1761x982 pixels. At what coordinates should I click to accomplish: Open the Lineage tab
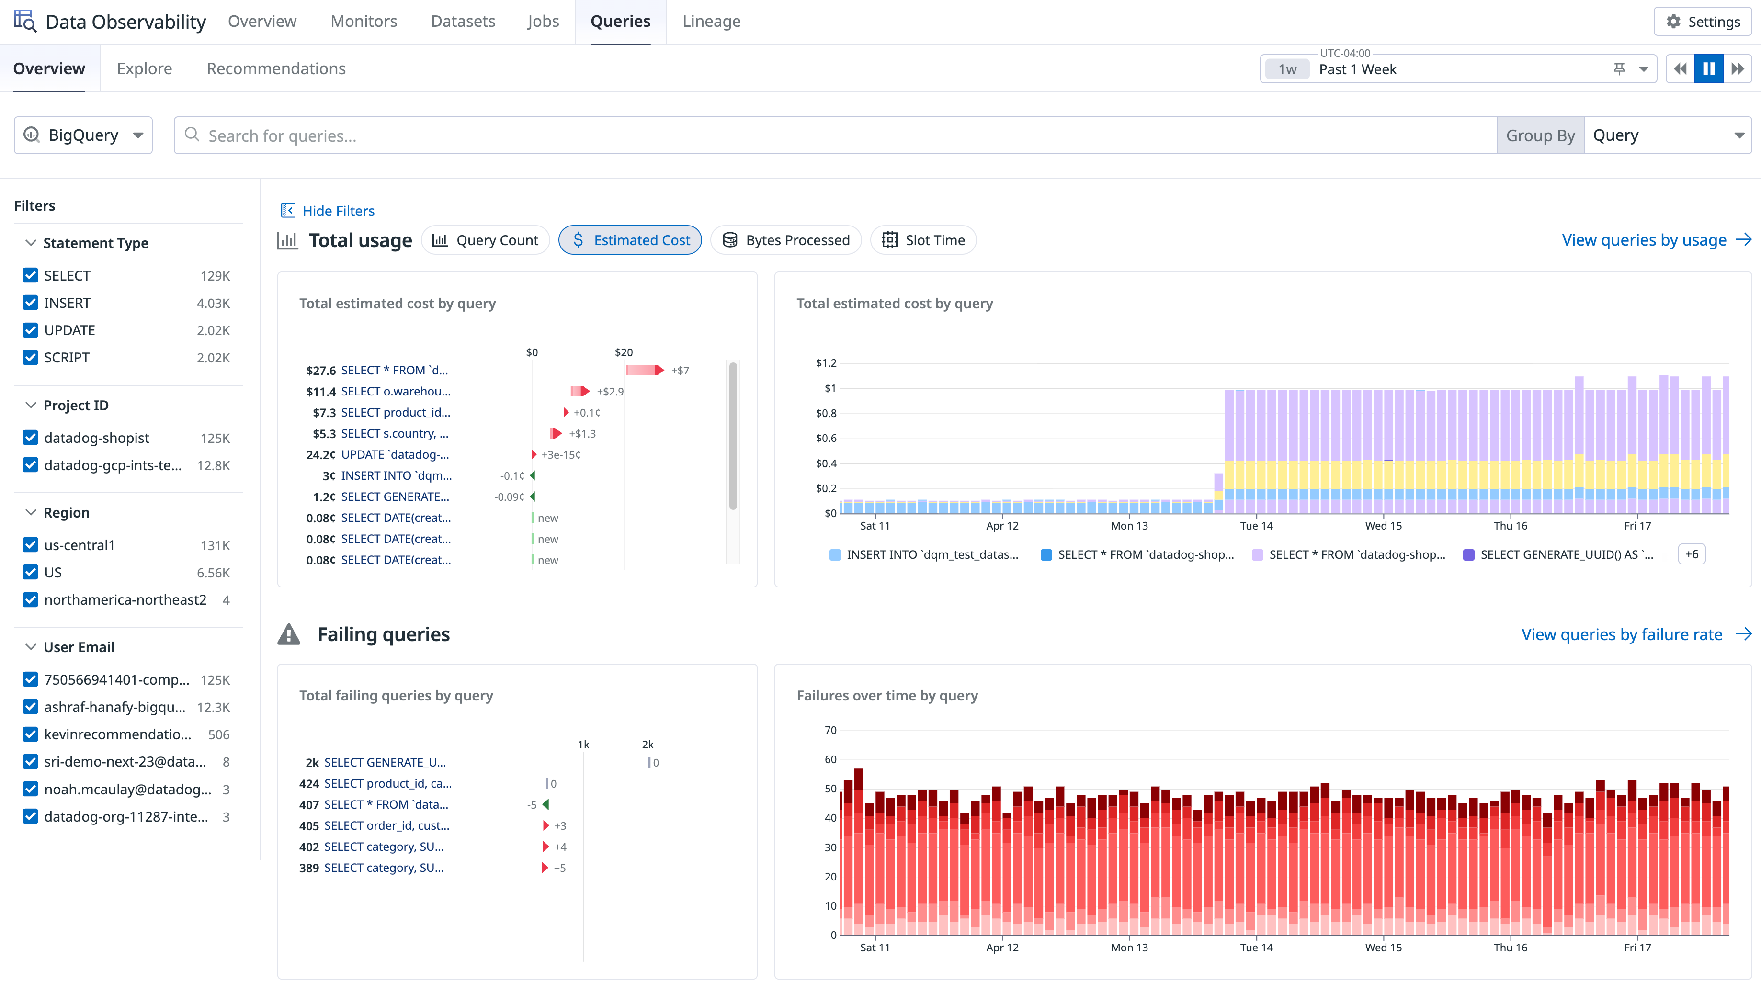pos(711,21)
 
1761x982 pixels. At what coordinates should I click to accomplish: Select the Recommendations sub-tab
pos(276,68)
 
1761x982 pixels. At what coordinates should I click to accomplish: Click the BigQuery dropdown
pos(83,135)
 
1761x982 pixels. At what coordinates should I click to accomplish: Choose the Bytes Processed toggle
pos(786,240)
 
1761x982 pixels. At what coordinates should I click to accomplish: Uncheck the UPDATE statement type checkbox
pos(30,330)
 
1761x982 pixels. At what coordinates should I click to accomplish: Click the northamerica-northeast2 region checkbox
pos(30,599)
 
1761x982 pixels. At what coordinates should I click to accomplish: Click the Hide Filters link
pos(338,211)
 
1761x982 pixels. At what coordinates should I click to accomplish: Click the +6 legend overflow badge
pos(1691,554)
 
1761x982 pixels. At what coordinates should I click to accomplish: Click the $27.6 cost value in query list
pos(320,371)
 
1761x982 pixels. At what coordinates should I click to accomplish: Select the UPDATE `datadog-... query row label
pos(395,454)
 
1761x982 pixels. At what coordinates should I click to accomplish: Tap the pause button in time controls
pos(1708,69)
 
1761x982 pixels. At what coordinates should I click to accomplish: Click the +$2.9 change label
pos(610,392)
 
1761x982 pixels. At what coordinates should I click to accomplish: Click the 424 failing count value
pos(309,783)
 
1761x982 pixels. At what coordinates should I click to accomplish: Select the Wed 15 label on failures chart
pos(1383,947)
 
